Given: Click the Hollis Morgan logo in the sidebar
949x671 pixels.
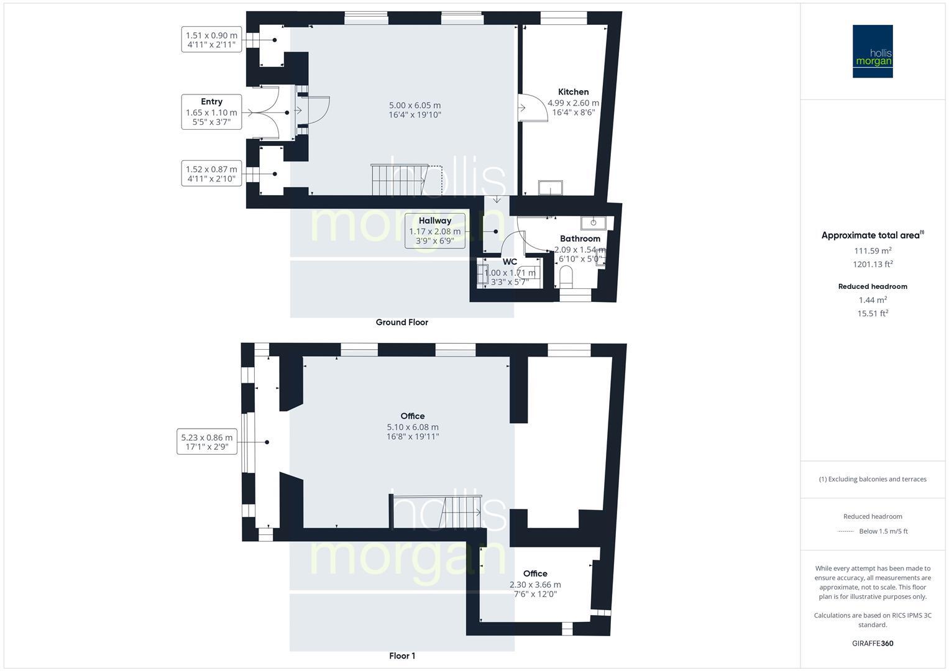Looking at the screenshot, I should click(x=872, y=51).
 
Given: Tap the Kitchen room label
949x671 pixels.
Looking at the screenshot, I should click(x=573, y=92).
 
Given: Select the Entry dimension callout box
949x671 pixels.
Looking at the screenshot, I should click(x=211, y=112).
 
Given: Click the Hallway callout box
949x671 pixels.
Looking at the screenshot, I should click(x=434, y=231).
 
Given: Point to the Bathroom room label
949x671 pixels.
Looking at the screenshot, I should click(x=580, y=239).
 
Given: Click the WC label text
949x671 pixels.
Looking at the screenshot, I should click(x=510, y=262).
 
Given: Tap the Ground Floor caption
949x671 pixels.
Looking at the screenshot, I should click(x=401, y=322).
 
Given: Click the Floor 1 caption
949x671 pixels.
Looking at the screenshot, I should click(x=402, y=656).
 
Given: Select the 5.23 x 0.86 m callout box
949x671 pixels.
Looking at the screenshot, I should click(x=207, y=442).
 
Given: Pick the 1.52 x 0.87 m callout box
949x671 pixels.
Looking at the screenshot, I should click(x=211, y=174).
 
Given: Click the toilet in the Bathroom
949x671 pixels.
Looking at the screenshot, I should click(x=566, y=277).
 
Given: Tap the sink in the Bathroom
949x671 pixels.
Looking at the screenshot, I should click(x=594, y=222).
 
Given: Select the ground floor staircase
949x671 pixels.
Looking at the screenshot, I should click(x=398, y=180).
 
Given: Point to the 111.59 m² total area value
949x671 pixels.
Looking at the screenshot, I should click(x=873, y=251).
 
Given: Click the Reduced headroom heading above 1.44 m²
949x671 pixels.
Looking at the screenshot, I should click(x=873, y=286).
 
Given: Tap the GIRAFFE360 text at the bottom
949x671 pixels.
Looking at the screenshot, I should click(x=873, y=644).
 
